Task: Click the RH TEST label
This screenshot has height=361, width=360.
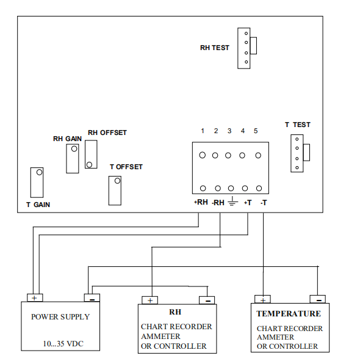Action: point(215,48)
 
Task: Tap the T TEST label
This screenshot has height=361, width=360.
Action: point(298,125)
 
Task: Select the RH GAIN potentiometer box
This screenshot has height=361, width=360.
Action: point(73,159)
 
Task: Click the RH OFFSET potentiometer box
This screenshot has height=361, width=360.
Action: point(91,155)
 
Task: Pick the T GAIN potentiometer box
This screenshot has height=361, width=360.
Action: point(37,183)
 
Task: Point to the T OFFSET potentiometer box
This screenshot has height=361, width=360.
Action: point(115,191)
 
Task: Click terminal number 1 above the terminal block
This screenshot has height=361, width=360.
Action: point(203,131)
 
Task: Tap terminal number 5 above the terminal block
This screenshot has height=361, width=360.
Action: point(256,131)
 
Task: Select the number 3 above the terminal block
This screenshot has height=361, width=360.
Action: point(229,131)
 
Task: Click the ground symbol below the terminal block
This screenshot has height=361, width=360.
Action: point(232,201)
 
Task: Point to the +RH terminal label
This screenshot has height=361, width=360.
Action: point(201,202)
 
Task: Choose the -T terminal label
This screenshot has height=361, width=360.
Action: point(264,203)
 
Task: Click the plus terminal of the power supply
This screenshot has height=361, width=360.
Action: point(35,297)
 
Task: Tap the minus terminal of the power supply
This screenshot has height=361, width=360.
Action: point(92,297)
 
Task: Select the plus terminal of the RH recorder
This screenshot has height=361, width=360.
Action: point(149,300)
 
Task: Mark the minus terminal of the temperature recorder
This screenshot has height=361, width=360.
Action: point(318,299)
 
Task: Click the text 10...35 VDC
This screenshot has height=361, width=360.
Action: point(63,344)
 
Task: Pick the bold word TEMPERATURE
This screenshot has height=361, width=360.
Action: point(289,313)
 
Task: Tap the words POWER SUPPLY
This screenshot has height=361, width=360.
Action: point(60,317)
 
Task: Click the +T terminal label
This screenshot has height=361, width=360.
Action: point(248,203)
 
